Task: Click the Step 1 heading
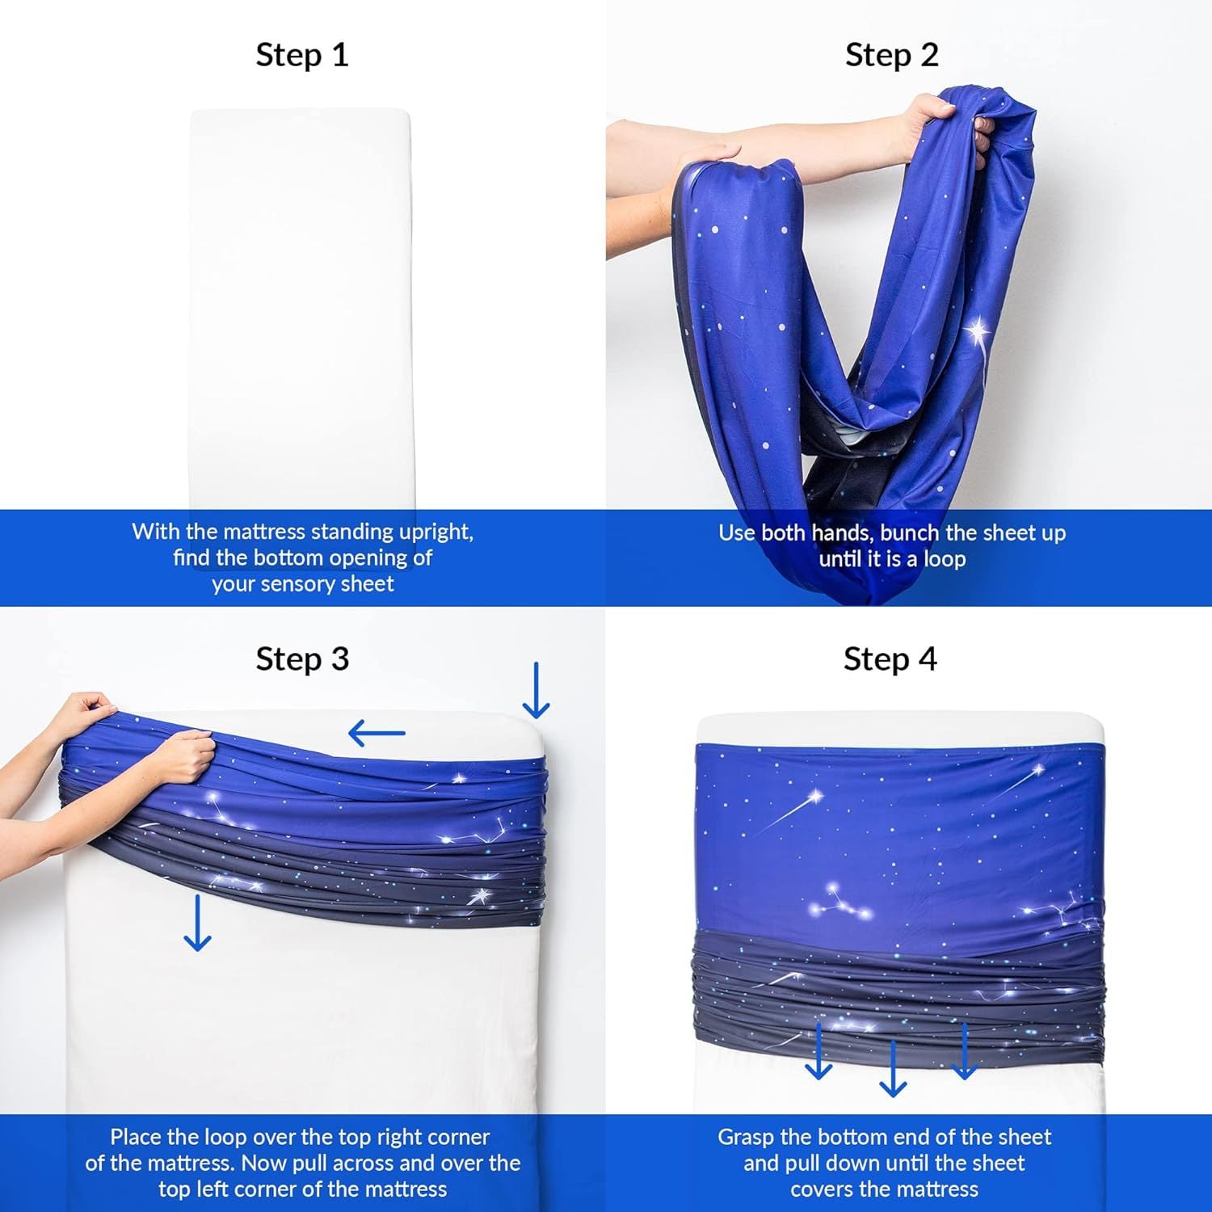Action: [x=301, y=55]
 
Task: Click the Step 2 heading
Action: [x=891, y=55]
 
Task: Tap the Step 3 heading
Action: [x=301, y=659]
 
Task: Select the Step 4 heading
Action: [x=890, y=659]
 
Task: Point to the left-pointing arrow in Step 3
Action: [x=377, y=734]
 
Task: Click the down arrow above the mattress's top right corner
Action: [x=536, y=691]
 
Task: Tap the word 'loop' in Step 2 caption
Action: [x=945, y=559]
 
